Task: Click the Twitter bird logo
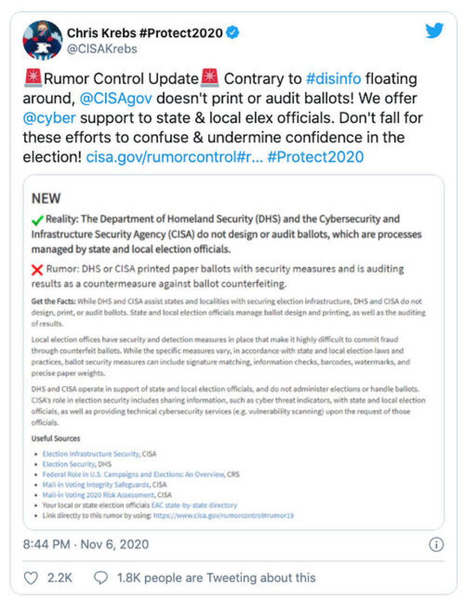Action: [x=434, y=30]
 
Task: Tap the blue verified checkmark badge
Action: [x=233, y=33]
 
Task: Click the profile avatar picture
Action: [x=43, y=40]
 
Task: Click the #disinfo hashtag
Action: [x=333, y=78]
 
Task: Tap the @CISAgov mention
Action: [x=116, y=98]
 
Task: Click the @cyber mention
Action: [x=49, y=118]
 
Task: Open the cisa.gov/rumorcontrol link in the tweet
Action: [x=174, y=157]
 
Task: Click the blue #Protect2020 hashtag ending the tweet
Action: [x=315, y=157]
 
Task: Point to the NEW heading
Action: [x=46, y=198]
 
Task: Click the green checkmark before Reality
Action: [x=37, y=220]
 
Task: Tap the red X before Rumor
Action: [x=37, y=270]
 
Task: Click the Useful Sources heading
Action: [x=56, y=438]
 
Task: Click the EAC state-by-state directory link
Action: [x=194, y=505]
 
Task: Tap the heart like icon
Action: [x=31, y=578]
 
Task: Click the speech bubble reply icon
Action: [x=101, y=578]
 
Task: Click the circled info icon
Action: [x=436, y=545]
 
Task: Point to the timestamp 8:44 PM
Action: [x=46, y=544]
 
